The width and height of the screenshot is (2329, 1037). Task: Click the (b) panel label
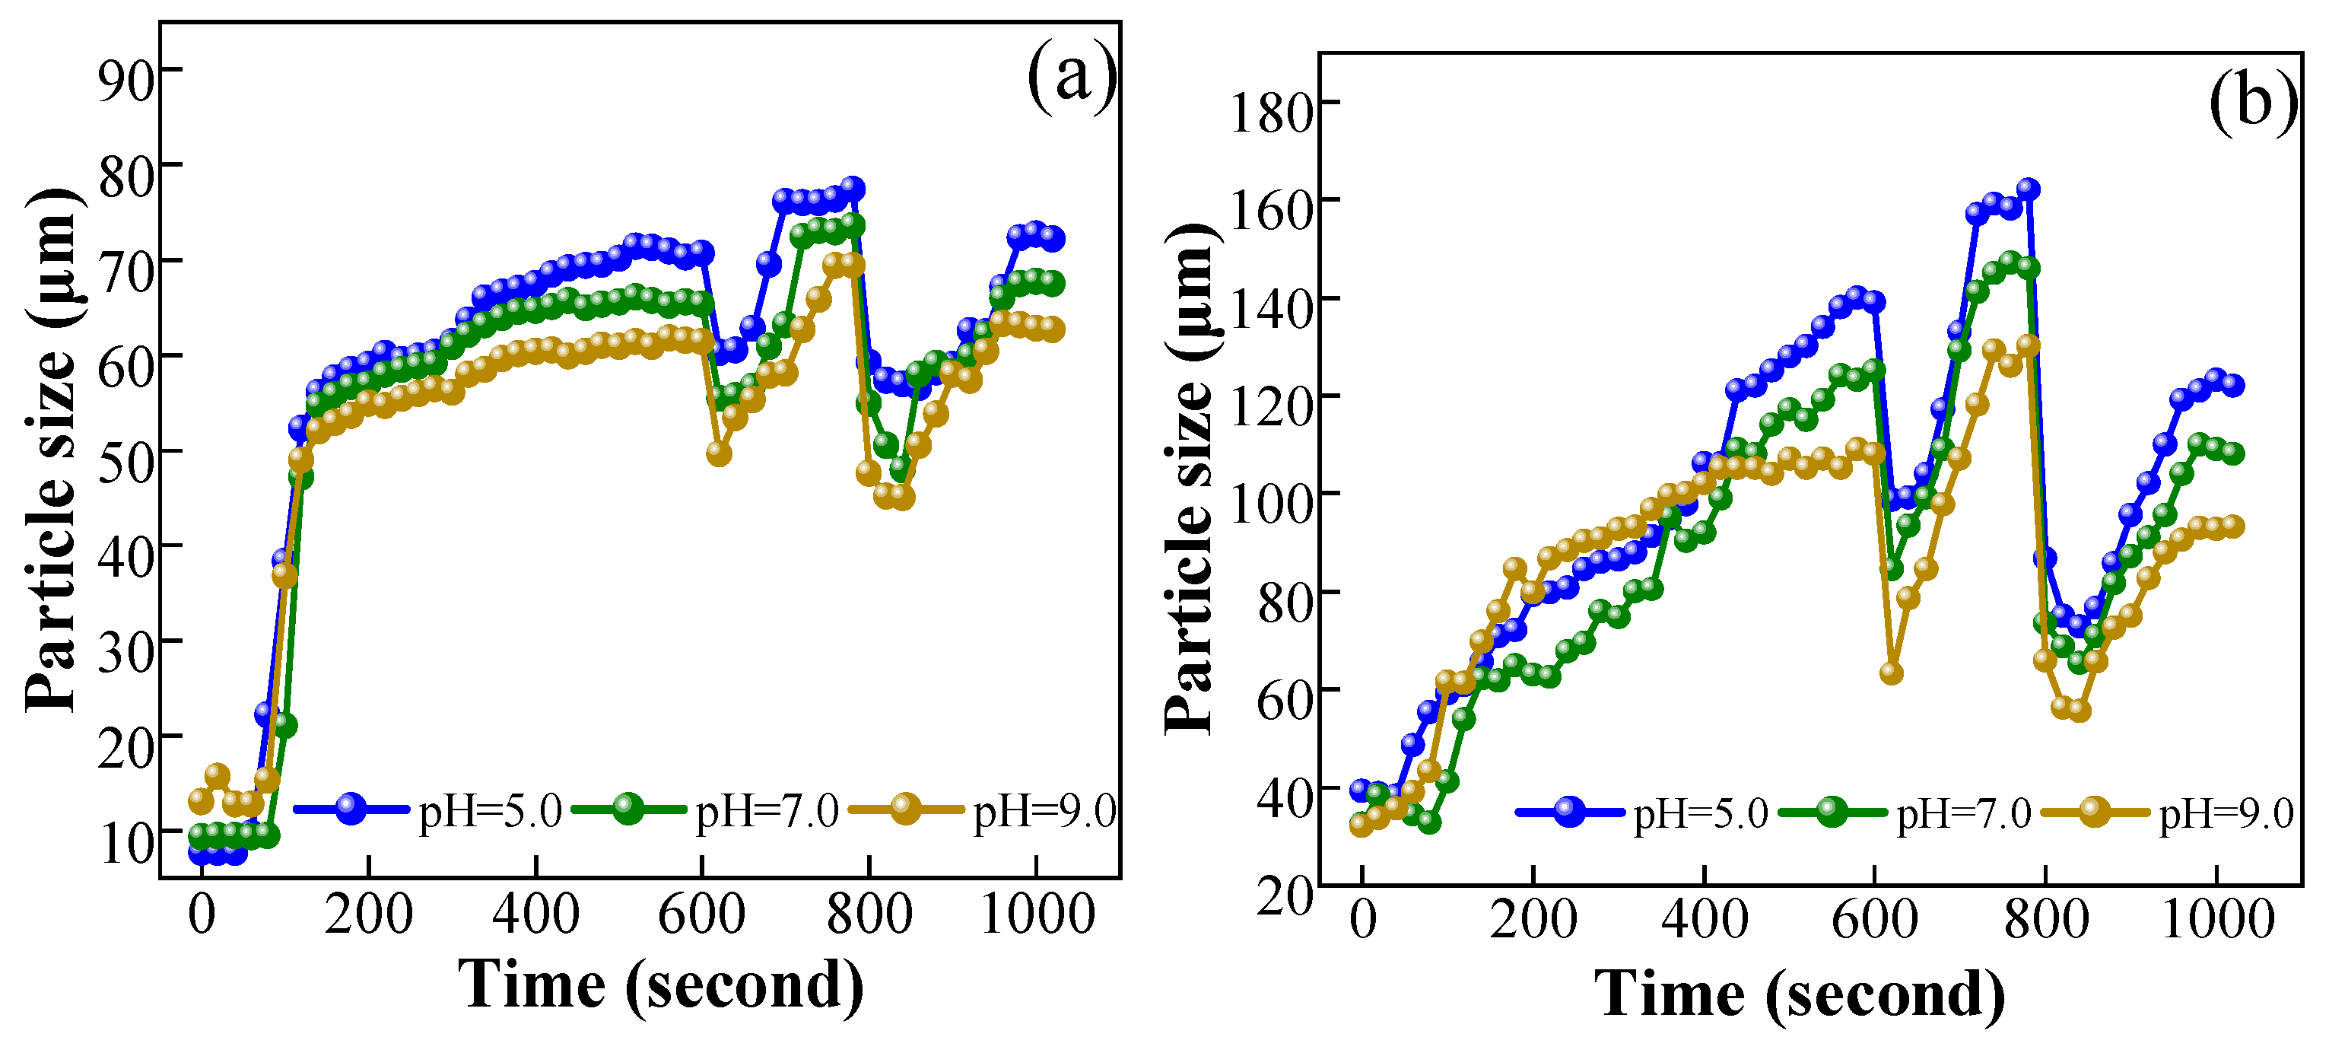2251,100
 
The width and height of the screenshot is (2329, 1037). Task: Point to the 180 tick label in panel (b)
1271,113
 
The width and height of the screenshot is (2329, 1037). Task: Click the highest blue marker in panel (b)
2028,189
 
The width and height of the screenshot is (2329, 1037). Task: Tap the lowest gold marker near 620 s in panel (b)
1890,673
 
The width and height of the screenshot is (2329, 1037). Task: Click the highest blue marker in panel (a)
853,188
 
